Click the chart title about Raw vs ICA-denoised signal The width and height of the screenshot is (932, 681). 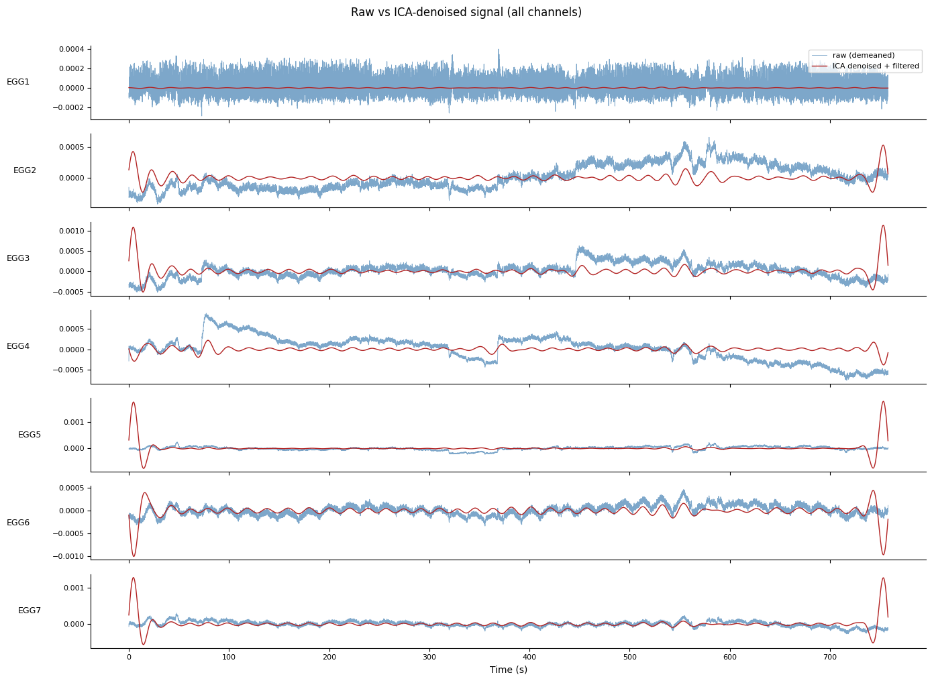(466, 12)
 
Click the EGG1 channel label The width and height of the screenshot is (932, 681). (18, 82)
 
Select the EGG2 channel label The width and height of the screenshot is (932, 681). (25, 170)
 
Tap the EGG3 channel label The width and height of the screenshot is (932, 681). (18, 258)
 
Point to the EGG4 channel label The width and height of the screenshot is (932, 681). (18, 346)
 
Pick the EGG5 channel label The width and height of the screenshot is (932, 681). (30, 435)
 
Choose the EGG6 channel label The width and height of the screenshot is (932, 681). (18, 523)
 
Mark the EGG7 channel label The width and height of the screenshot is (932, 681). (30, 611)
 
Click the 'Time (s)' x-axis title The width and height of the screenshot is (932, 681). (508, 670)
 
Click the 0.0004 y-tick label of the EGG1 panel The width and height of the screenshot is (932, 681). (71, 50)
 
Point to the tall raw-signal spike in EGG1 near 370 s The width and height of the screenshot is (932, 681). (498, 51)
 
